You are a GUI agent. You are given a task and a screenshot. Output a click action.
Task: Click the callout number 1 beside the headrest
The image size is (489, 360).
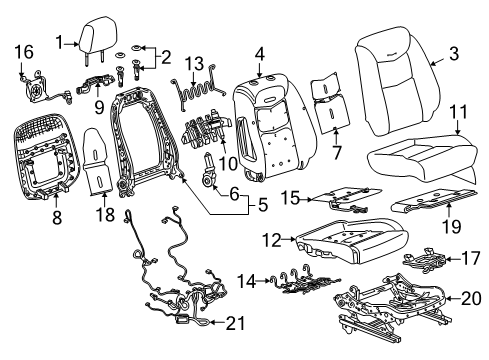(60, 41)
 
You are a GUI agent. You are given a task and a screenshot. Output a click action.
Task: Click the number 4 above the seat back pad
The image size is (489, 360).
(259, 53)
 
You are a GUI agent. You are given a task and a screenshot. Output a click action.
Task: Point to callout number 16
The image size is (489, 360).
(22, 51)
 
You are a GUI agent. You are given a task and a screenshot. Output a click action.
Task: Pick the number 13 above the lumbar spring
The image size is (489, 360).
(193, 62)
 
